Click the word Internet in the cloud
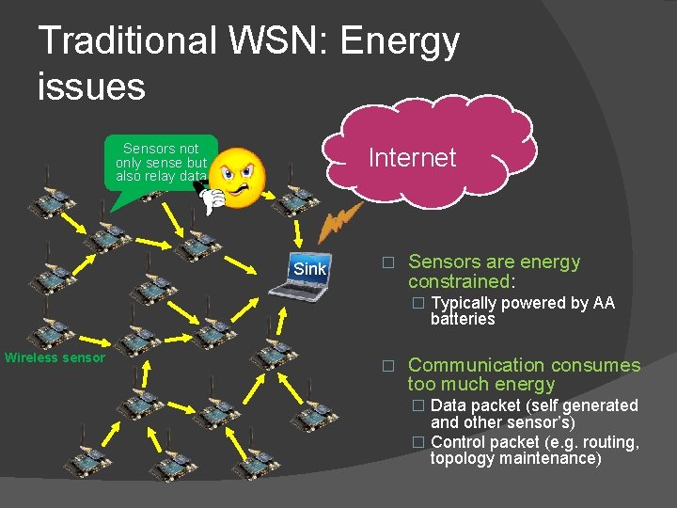412,158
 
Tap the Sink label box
309,269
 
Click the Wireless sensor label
55,357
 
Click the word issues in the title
91,87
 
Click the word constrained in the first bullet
459,281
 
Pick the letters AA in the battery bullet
603,303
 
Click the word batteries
463,319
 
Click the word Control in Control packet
459,442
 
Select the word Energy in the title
401,41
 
